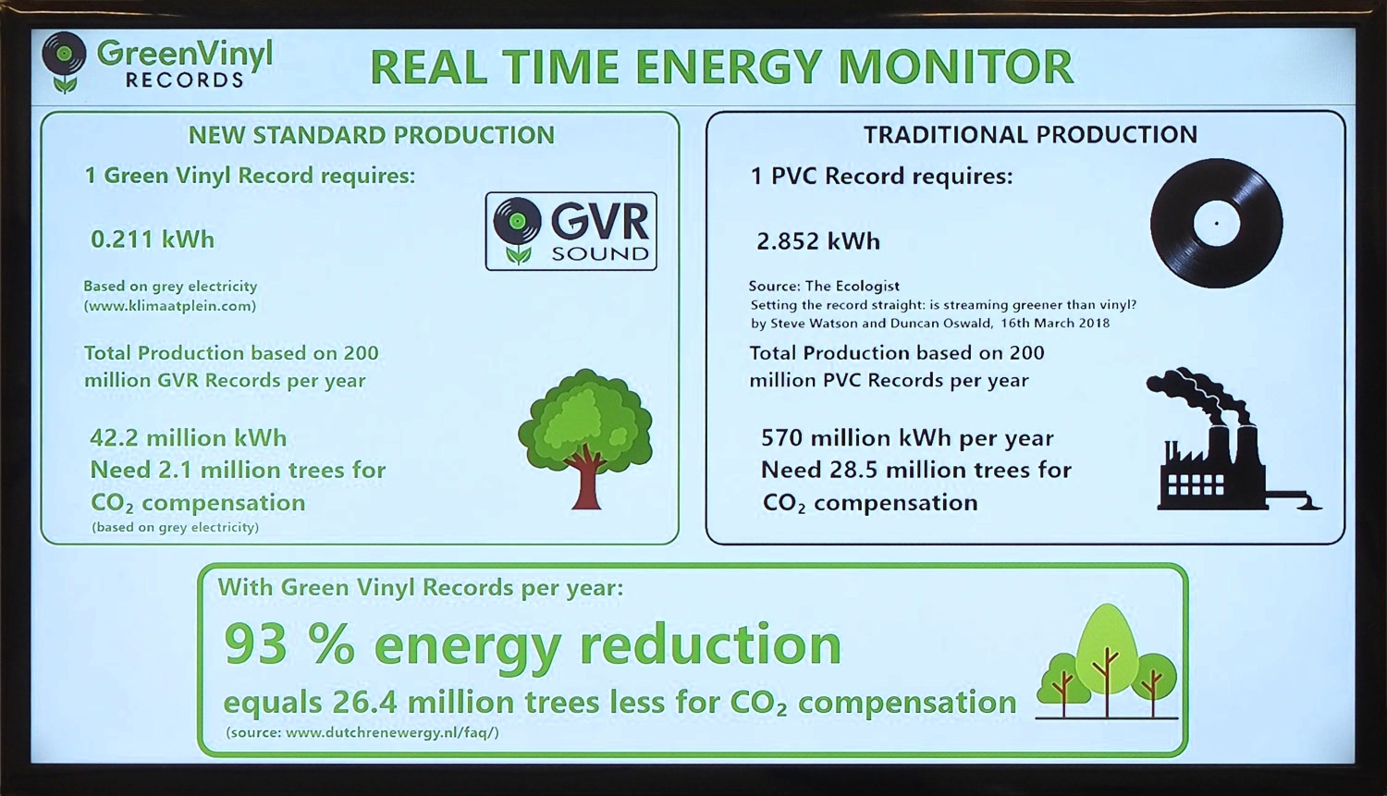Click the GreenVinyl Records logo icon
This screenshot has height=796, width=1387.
(x=64, y=63)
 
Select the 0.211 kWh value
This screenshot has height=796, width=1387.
(x=153, y=239)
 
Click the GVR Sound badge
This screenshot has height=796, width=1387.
(x=571, y=231)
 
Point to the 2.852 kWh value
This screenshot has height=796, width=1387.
(x=818, y=240)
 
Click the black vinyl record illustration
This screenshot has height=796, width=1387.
(x=1216, y=223)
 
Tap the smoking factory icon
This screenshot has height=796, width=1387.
(x=1234, y=439)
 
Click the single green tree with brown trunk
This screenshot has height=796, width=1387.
(x=585, y=439)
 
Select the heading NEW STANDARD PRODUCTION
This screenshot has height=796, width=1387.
(x=372, y=135)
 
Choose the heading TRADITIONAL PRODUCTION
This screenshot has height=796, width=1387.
(x=1030, y=134)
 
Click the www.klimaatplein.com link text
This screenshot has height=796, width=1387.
(x=169, y=306)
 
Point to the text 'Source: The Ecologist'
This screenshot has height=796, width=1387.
(x=824, y=286)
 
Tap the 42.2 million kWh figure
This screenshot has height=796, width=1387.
(x=189, y=438)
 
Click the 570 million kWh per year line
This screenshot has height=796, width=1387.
(x=907, y=438)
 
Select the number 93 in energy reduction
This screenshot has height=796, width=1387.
(x=255, y=644)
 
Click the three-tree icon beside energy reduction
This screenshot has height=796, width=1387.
(x=1107, y=662)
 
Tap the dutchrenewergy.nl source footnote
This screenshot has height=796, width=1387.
(x=362, y=733)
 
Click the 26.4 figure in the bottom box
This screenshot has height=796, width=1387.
(x=362, y=703)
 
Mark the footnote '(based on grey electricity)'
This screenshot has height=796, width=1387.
(x=176, y=527)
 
